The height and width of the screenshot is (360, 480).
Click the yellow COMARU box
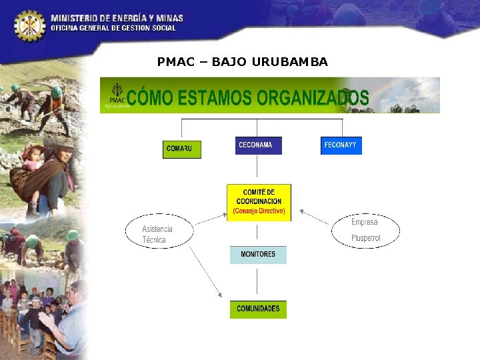pyautogui.click(x=182, y=149)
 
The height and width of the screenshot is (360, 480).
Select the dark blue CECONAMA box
pyautogui.click(x=259, y=145)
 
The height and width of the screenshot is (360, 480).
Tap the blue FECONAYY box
pyautogui.click(x=341, y=145)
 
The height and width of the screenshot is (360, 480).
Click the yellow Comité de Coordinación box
pyautogui.click(x=259, y=202)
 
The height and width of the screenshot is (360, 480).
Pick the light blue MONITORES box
pyautogui.click(x=258, y=255)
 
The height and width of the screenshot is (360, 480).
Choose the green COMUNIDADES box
pyautogui.click(x=258, y=309)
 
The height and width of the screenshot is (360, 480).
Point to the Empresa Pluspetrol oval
pyautogui.click(x=365, y=231)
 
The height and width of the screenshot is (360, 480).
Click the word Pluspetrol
pyautogui.click(x=366, y=239)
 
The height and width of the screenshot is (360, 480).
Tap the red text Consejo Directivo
pyautogui.click(x=259, y=211)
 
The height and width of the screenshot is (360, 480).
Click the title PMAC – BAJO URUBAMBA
pyautogui.click(x=243, y=62)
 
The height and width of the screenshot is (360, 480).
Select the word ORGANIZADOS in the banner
pyautogui.click(x=313, y=97)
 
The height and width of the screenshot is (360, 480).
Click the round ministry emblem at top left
pyautogui.click(x=29, y=25)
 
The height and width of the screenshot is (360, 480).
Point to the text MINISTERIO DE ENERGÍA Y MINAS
pyautogui.click(x=117, y=18)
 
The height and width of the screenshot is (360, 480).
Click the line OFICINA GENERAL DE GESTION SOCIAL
pyautogui.click(x=113, y=28)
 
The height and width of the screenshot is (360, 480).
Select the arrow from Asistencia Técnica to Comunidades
pyautogui.click(x=205, y=273)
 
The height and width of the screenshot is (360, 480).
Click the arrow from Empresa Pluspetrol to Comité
pyautogui.click(x=314, y=217)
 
